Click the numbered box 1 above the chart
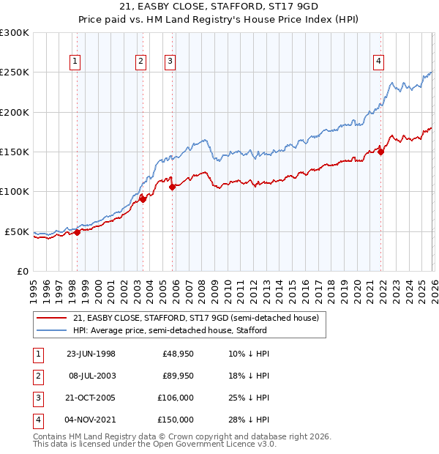click(x=77, y=62)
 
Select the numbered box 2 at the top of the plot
click(x=140, y=62)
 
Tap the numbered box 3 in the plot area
click(x=170, y=62)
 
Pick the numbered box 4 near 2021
click(x=379, y=62)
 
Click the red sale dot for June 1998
click(x=78, y=232)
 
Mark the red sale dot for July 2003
click(x=143, y=199)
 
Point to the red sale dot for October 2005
click(x=173, y=187)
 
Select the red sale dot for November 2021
click(x=381, y=152)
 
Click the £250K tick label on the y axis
click(x=15, y=72)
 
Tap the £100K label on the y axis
click(x=15, y=191)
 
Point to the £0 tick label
click(x=22, y=271)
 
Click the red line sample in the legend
click(x=52, y=319)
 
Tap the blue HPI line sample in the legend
click(x=52, y=330)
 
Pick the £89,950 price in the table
click(x=178, y=376)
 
